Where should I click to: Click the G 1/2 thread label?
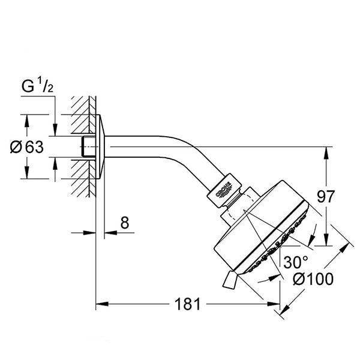[37, 85]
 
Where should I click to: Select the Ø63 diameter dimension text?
[26, 147]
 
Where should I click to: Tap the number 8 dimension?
[125, 223]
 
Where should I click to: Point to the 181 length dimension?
[188, 304]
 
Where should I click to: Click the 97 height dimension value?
[326, 196]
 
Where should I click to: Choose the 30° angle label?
[295, 262]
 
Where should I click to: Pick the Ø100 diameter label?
[313, 279]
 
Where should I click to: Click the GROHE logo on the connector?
[223, 190]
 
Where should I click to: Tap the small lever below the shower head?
[229, 280]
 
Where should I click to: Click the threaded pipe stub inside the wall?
[88, 147]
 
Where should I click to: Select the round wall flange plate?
[100, 146]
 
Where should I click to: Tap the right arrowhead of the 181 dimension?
[274, 304]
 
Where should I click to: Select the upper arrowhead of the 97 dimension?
[326, 153]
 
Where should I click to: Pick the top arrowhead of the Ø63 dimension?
[27, 121]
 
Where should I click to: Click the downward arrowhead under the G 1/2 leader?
[55, 130]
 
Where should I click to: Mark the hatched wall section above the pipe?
[83, 115]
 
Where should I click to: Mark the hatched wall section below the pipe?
[83, 179]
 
